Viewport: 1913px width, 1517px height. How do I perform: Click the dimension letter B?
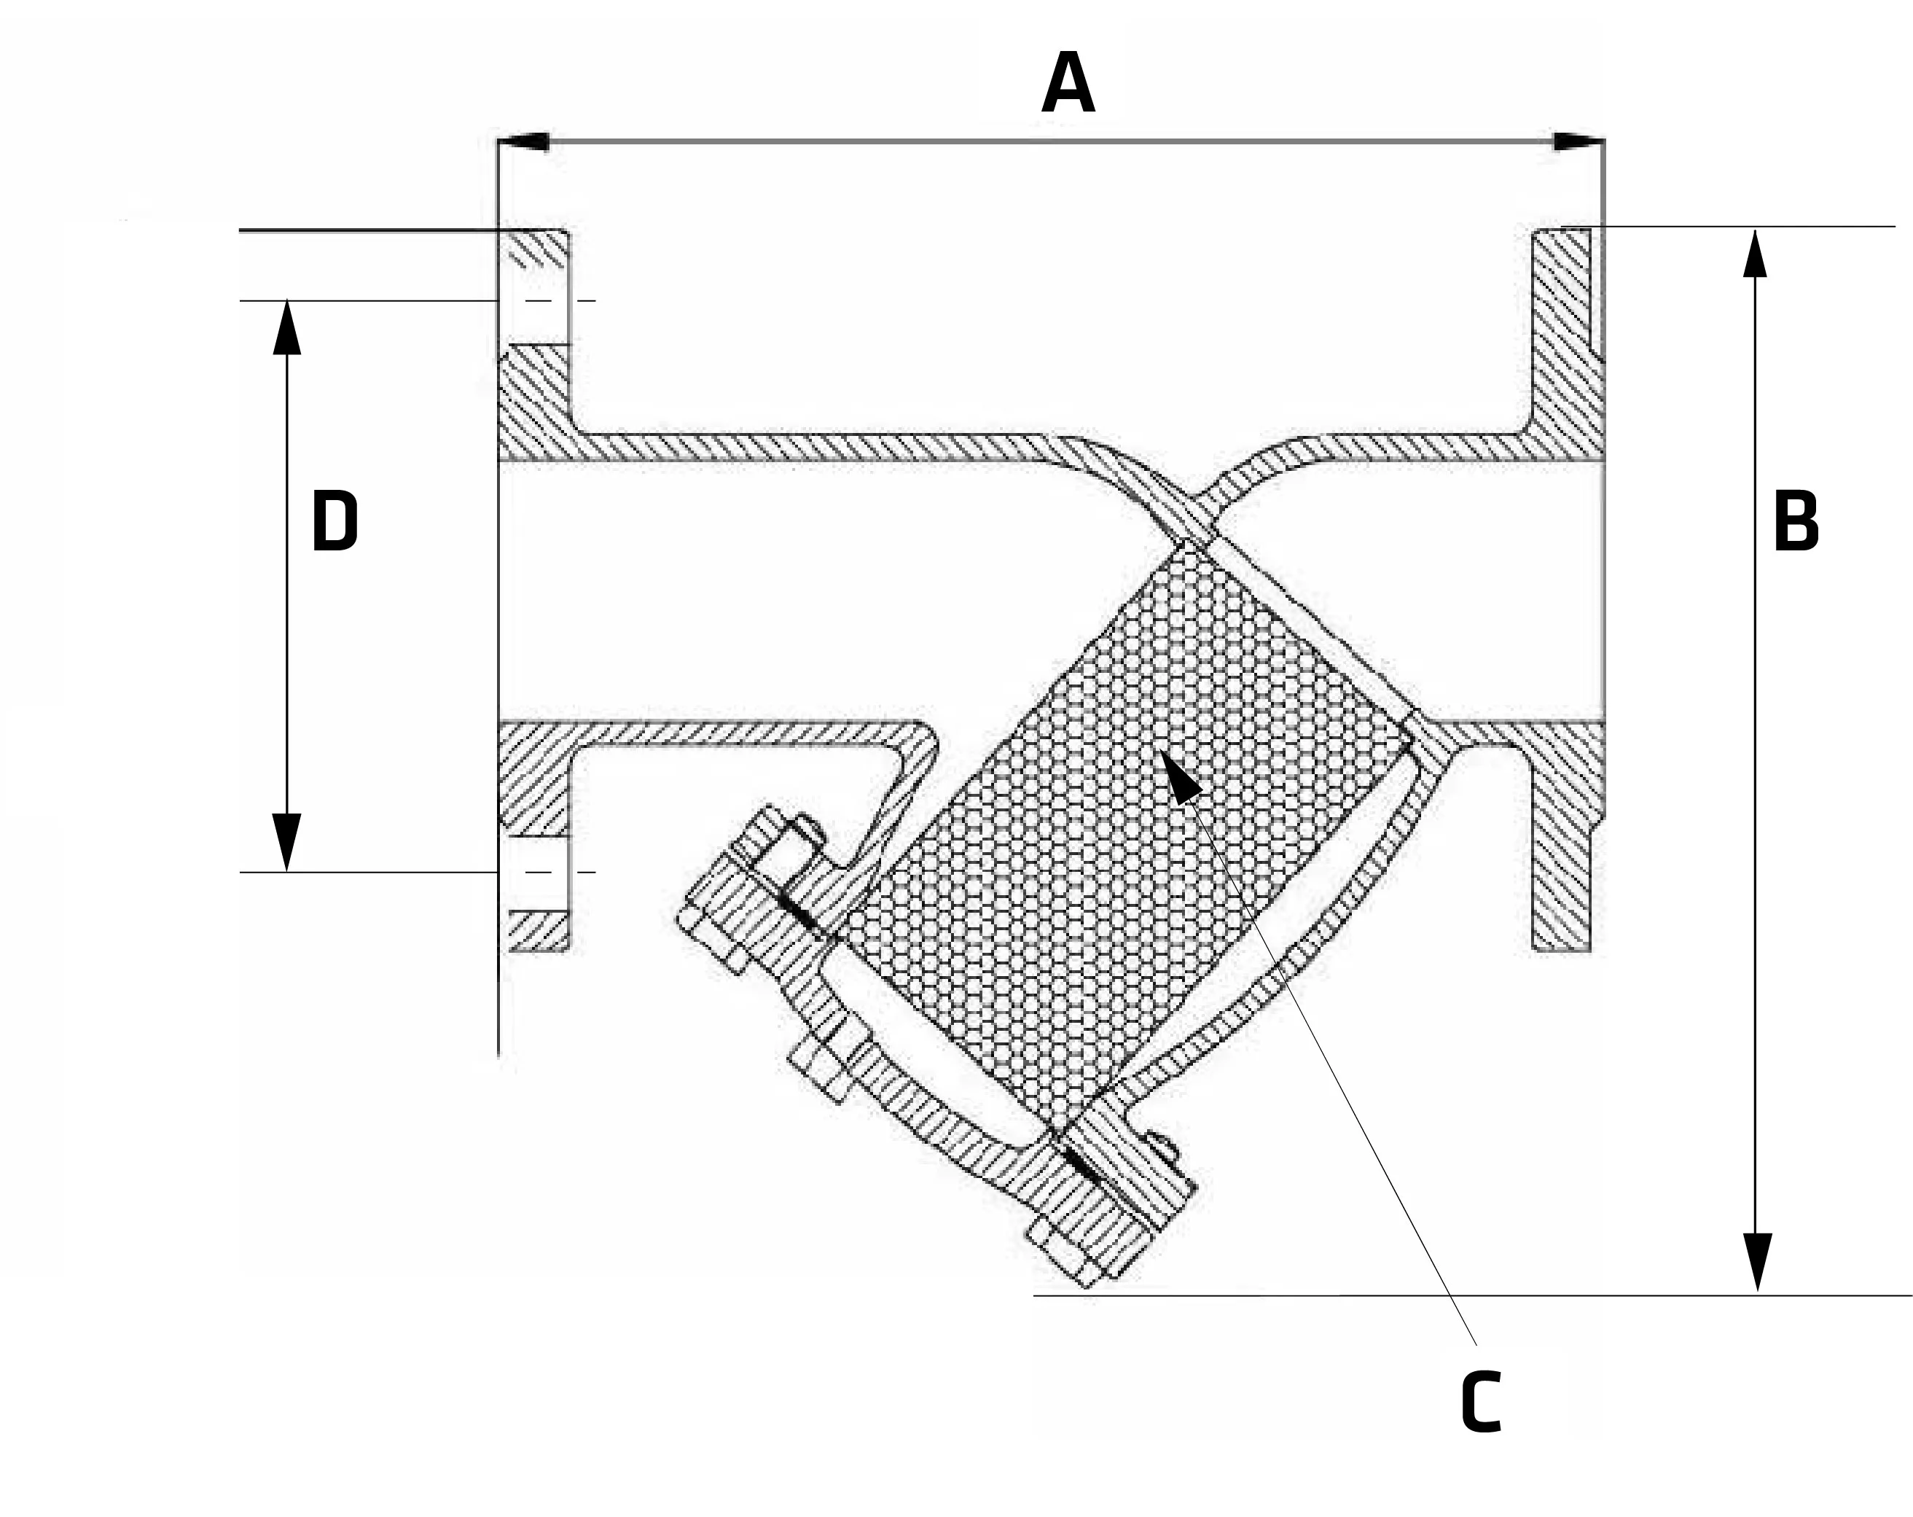[x=1795, y=521]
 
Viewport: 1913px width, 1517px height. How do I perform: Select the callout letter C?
[x=1480, y=1402]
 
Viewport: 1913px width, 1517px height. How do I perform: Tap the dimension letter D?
[x=335, y=522]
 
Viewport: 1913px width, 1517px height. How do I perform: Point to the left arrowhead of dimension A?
[x=523, y=142]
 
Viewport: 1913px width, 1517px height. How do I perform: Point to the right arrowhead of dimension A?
[x=1578, y=142]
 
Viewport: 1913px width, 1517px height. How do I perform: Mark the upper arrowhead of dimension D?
[x=286, y=329]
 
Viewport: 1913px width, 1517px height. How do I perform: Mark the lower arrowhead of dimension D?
[x=286, y=841]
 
